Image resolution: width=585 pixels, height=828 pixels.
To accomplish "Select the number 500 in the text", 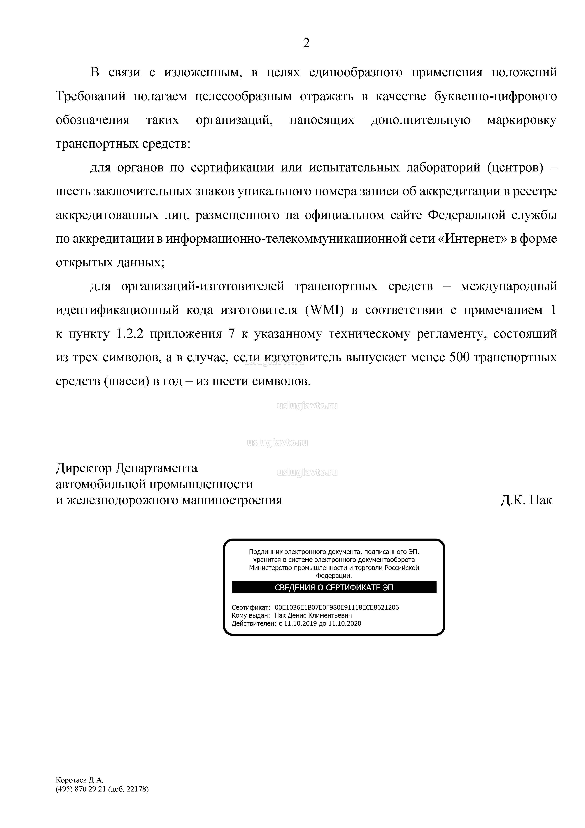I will (460, 357).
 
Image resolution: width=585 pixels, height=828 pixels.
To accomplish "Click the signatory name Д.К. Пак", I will (526, 500).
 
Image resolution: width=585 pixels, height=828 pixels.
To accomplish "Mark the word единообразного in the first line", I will (355, 72).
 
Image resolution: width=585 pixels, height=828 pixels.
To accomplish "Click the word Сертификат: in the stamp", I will (251, 607).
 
